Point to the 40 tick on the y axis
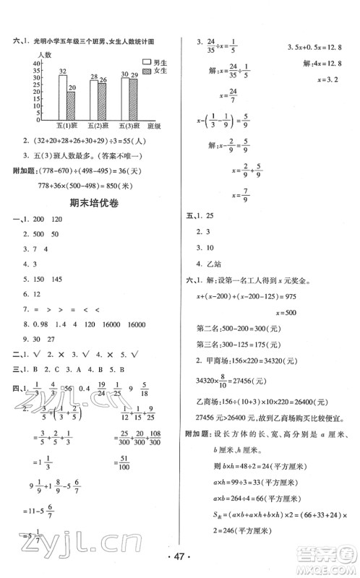coord(37,64)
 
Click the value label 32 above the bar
coord(63,69)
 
